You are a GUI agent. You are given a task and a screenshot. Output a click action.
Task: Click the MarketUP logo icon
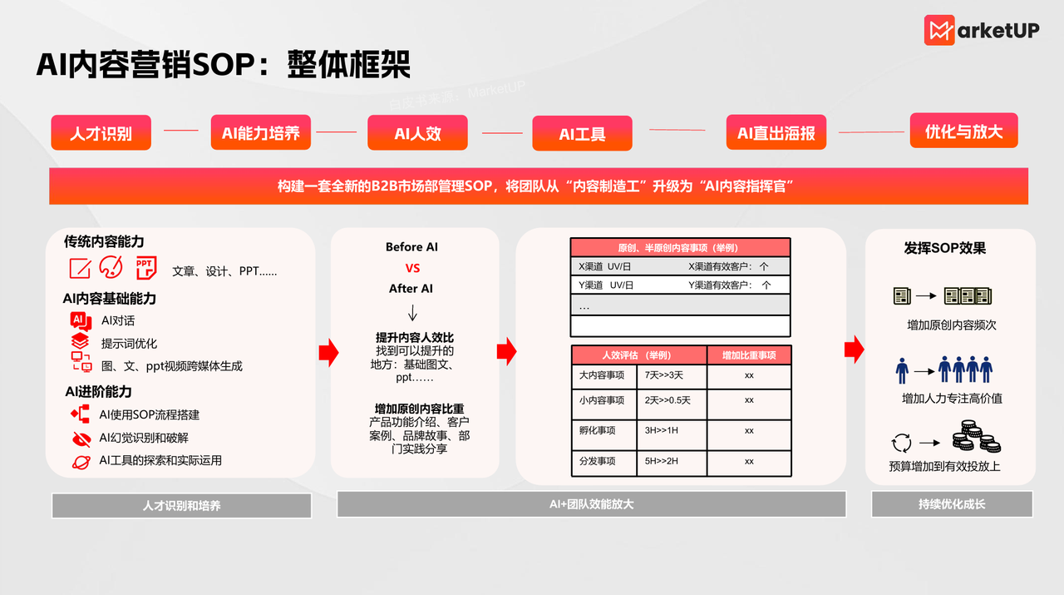click(x=939, y=30)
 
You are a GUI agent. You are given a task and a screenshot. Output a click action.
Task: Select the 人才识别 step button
click(x=101, y=132)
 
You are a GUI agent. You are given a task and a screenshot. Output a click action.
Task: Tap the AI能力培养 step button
click(x=260, y=132)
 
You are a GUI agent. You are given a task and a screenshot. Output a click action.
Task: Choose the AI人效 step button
click(x=417, y=132)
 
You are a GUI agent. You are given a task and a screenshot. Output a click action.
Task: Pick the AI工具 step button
click(x=582, y=133)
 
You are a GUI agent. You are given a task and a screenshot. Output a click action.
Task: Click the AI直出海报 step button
click(x=776, y=132)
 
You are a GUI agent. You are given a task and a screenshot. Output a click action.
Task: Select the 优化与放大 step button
click(x=964, y=131)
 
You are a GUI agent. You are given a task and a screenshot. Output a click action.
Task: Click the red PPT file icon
click(x=146, y=268)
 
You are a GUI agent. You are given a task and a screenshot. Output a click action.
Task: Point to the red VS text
click(x=412, y=268)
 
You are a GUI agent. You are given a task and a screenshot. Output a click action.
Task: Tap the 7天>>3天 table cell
click(x=672, y=376)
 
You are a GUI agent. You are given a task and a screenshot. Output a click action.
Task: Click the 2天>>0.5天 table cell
click(x=672, y=400)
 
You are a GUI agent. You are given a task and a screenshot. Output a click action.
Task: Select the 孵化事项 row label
click(x=603, y=430)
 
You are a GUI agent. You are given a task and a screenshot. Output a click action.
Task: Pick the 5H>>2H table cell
click(x=672, y=461)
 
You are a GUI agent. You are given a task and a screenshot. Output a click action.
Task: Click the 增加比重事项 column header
click(x=749, y=355)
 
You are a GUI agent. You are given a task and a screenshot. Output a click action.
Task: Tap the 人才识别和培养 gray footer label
click(x=181, y=505)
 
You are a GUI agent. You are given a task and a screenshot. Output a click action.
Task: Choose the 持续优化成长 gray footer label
click(x=952, y=503)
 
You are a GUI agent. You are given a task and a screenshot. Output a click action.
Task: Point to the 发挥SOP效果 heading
click(x=945, y=248)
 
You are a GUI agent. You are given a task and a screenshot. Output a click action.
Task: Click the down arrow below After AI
click(x=412, y=313)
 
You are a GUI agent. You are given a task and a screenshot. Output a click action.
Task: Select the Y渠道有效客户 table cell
click(x=730, y=285)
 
